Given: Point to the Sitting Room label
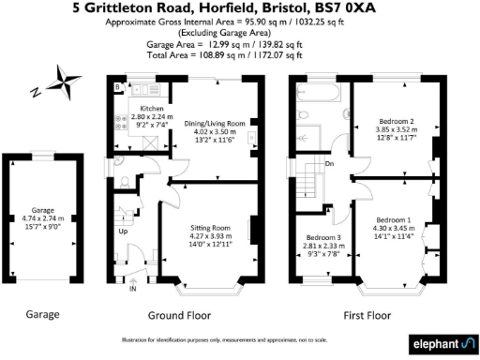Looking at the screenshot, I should point(208,228).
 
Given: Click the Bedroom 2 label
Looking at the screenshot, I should point(393,122).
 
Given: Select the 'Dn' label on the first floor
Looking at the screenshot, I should point(330,164).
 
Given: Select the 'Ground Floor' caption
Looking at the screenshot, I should point(179,315).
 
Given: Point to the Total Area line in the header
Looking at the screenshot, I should point(239,55).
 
